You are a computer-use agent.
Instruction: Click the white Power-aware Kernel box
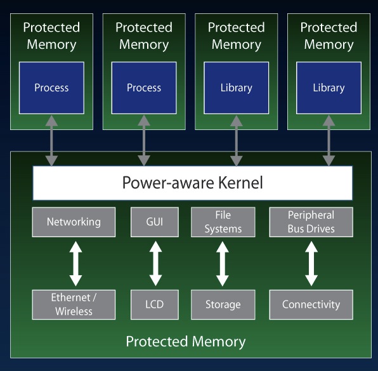192,183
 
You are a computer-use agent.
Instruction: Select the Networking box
74,222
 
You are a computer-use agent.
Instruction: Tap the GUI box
155,222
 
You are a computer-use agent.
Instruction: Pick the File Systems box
223,222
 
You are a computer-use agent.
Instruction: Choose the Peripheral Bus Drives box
311,222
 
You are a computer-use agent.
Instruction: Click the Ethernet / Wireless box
74,304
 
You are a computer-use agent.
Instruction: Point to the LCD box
155,304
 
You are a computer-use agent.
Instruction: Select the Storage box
223,304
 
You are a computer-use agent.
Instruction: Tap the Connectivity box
311,304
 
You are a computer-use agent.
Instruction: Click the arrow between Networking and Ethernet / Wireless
75,263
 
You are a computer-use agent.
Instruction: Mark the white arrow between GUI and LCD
155,263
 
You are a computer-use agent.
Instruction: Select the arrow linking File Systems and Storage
222,263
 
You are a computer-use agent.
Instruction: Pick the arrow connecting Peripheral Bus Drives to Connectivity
311,263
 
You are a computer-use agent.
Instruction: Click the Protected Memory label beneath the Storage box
186,342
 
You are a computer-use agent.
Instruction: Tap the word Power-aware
168,183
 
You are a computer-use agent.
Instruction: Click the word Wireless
74,311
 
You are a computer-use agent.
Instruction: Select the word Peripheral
311,215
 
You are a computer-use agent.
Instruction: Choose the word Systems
223,229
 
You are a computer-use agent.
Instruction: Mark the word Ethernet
70,297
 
